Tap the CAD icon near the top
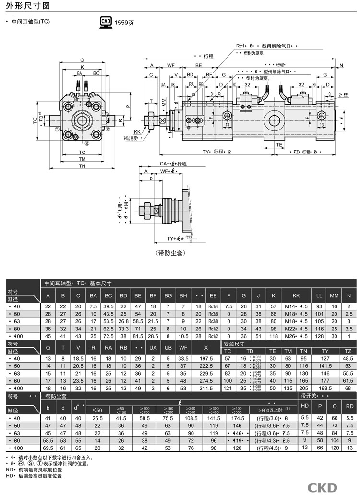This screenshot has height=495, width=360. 106,22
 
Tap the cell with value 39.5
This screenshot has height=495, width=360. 108,306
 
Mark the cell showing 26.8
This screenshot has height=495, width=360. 123,321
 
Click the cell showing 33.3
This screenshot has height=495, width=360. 123,329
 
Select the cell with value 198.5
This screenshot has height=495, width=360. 325,388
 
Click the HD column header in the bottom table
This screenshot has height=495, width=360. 304,406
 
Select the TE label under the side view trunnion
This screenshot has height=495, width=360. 279,144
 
